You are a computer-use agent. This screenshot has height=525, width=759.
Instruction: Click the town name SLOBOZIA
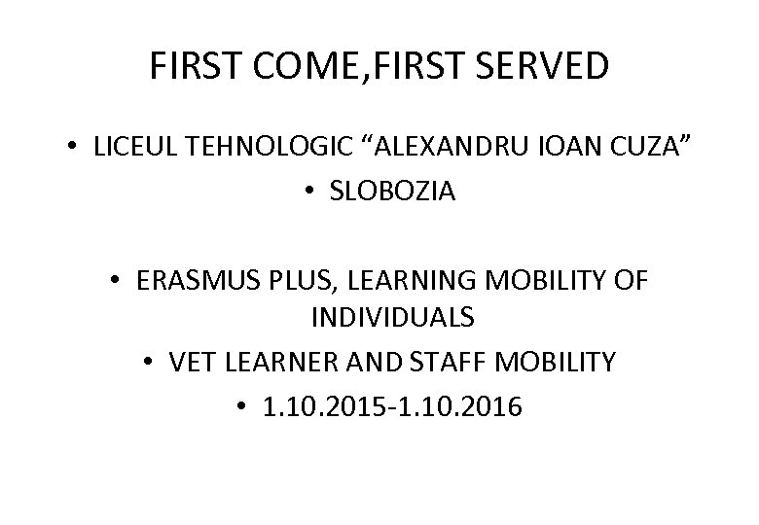point(393,192)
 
